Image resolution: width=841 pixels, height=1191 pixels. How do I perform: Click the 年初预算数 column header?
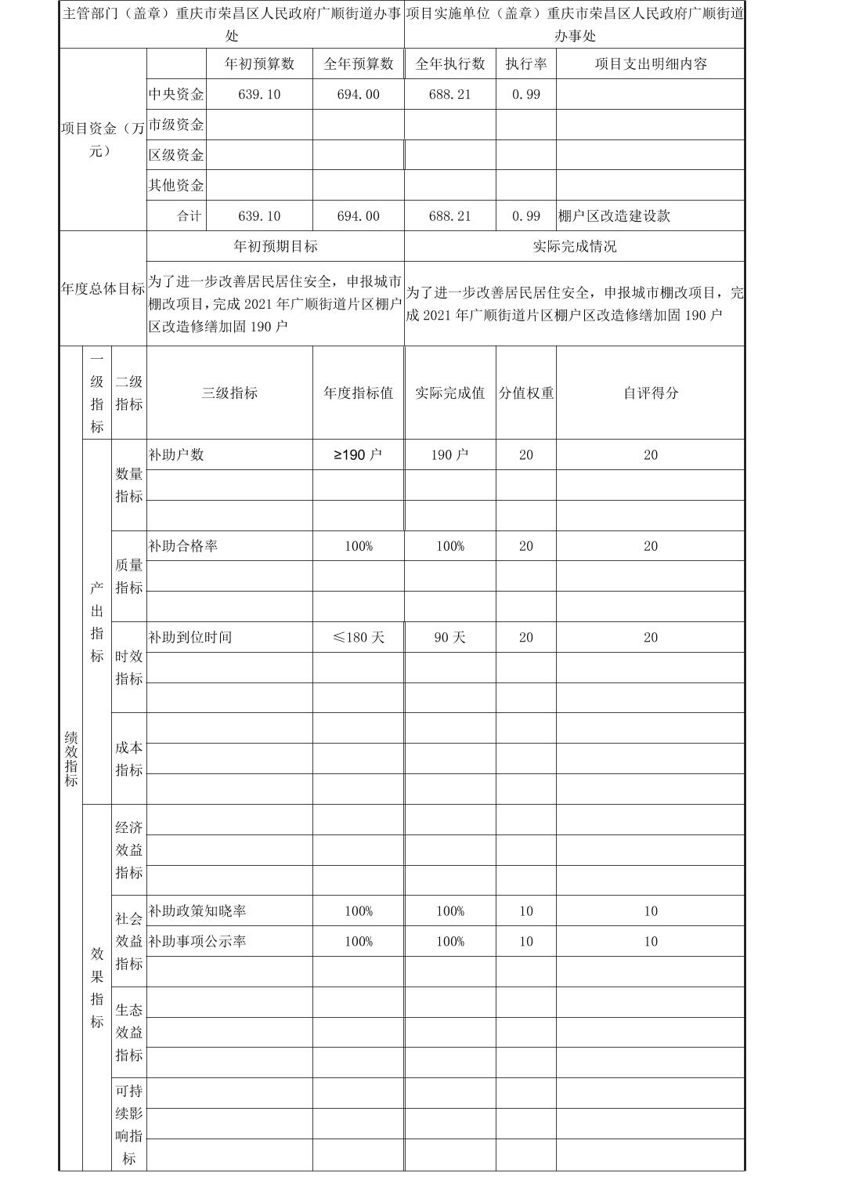(x=259, y=64)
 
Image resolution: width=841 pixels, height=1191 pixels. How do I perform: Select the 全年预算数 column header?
(x=358, y=64)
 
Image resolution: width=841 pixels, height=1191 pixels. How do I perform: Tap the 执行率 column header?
(x=525, y=64)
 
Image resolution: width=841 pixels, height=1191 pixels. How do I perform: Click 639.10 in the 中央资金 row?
(x=259, y=95)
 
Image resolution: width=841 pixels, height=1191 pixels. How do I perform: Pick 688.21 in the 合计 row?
(x=449, y=216)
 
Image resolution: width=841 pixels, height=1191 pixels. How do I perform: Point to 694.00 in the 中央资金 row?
(x=358, y=95)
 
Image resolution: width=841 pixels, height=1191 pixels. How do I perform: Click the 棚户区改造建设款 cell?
(x=615, y=216)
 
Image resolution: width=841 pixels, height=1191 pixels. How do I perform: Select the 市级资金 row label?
(x=176, y=125)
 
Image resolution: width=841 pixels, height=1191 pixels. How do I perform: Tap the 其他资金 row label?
(x=176, y=186)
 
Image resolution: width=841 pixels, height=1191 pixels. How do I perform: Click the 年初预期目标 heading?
(x=276, y=246)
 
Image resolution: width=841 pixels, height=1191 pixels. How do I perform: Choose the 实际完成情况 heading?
(x=574, y=246)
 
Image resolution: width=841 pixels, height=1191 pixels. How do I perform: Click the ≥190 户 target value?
(x=358, y=455)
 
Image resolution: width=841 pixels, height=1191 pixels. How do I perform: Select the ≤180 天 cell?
(x=358, y=638)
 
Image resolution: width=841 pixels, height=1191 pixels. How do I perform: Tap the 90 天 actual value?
(x=449, y=638)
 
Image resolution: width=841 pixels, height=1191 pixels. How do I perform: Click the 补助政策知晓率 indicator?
(x=197, y=911)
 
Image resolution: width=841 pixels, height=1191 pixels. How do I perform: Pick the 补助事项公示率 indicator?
(x=197, y=942)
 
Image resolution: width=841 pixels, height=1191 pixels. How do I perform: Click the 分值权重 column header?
(x=526, y=393)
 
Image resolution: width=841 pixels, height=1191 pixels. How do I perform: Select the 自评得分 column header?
(x=650, y=393)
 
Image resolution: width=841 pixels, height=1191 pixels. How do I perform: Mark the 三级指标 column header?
(x=229, y=393)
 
